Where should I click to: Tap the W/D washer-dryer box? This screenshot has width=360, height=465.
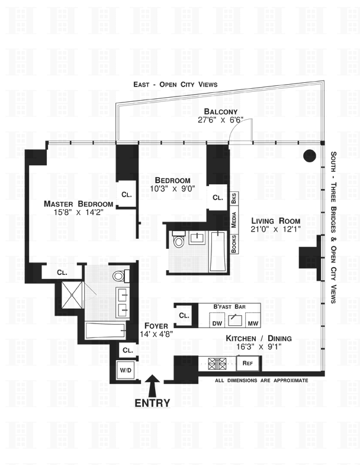click(x=126, y=370)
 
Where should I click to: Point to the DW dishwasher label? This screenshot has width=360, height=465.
click(x=217, y=323)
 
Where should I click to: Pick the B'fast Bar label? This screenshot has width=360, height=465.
click(x=229, y=307)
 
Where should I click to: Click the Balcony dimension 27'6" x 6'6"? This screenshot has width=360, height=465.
click(x=220, y=120)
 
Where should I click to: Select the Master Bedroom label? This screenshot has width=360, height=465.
click(x=78, y=204)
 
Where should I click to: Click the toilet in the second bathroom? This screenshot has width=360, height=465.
click(x=178, y=240)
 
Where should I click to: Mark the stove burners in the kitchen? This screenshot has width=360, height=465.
click(x=214, y=363)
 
